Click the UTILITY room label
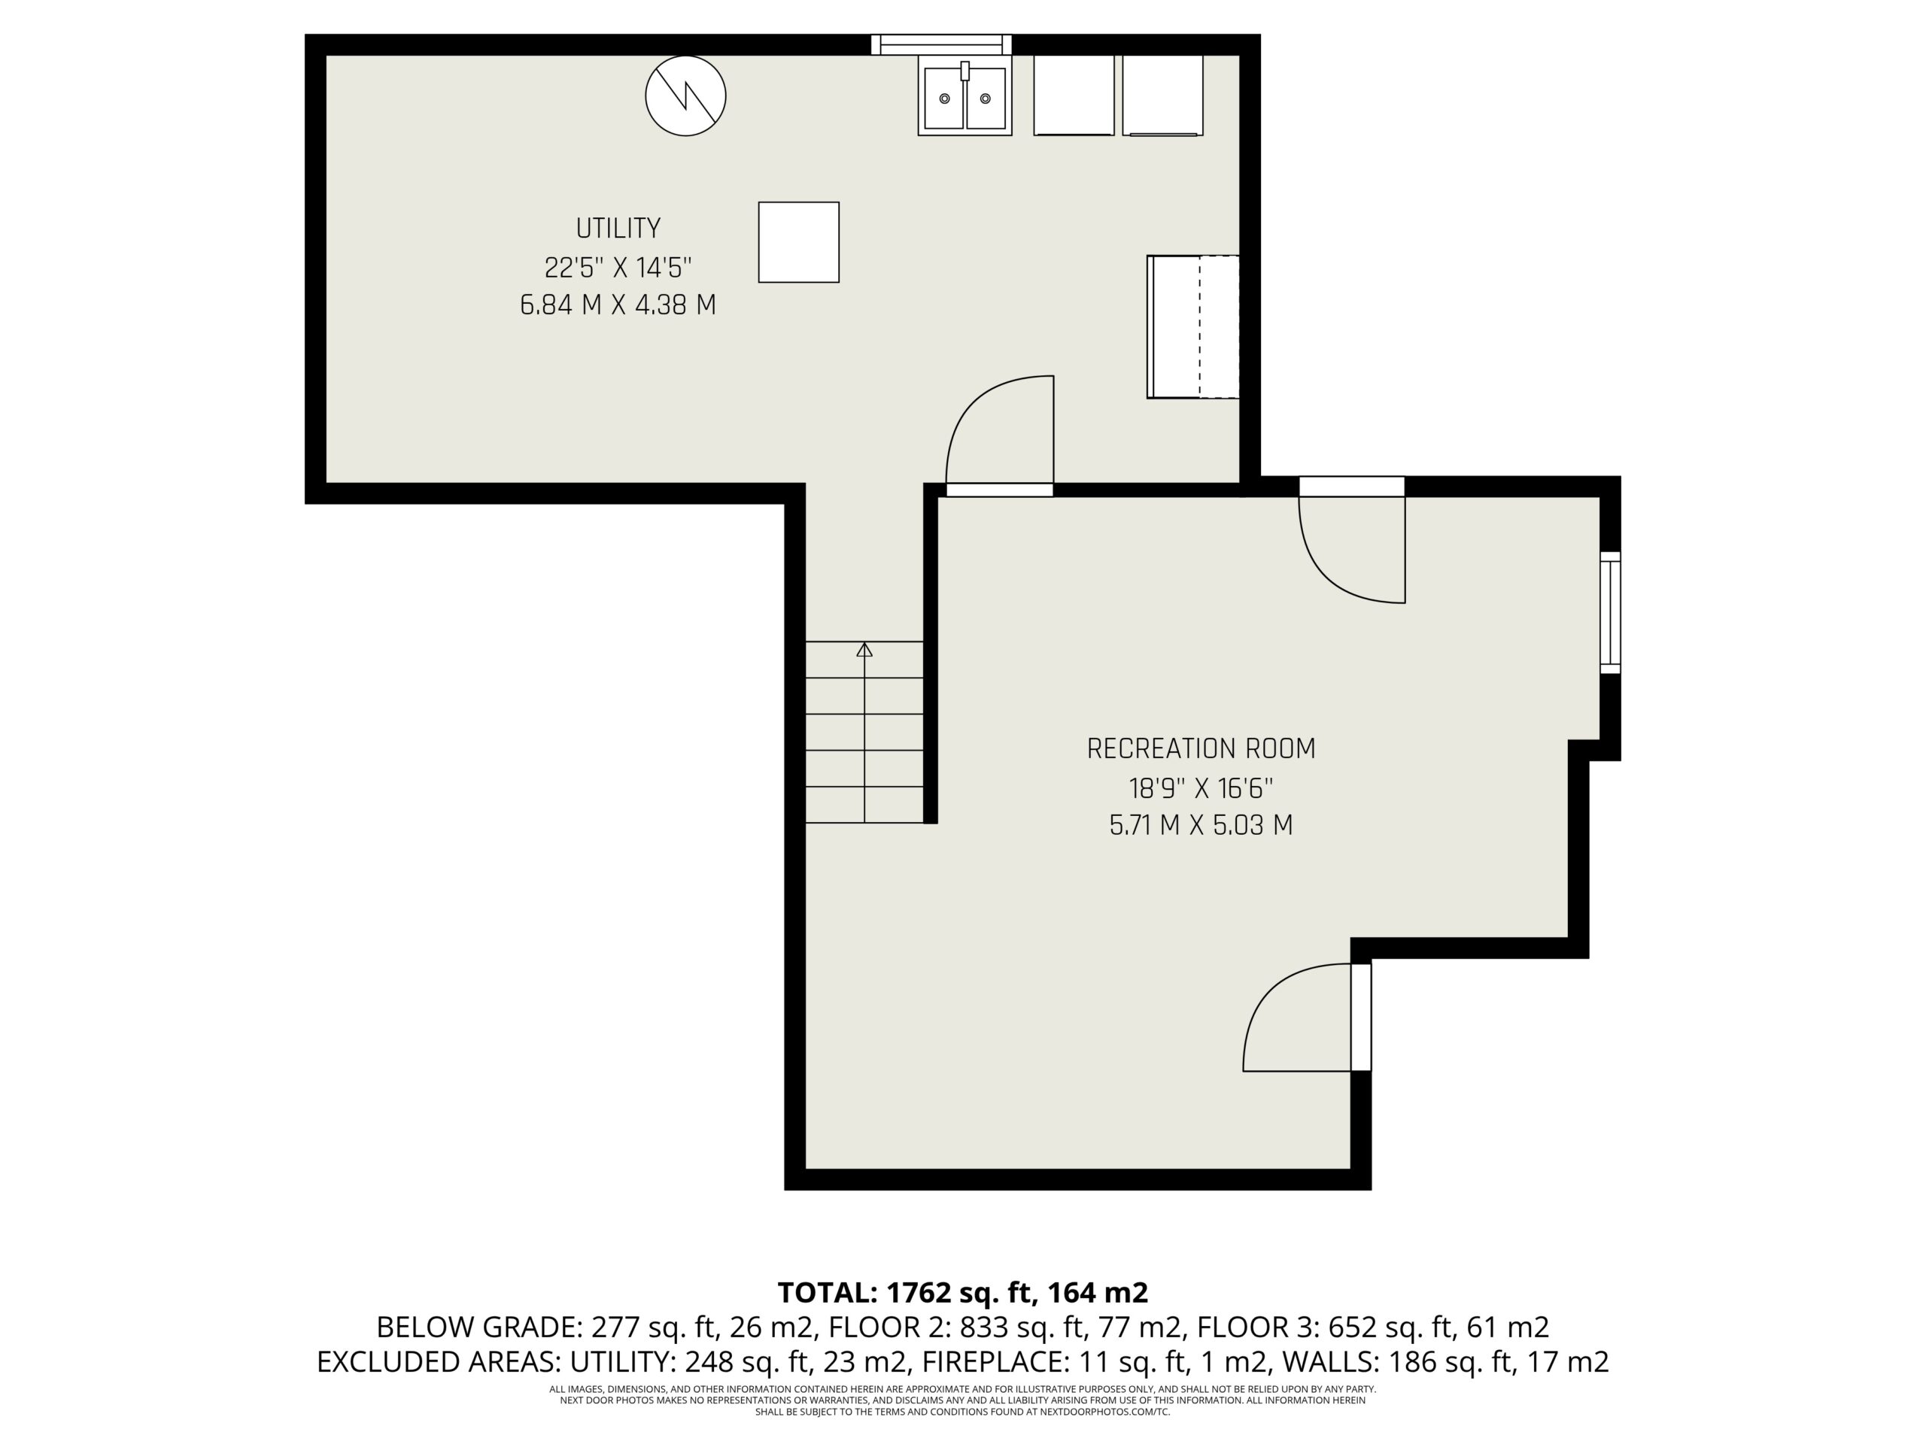tap(618, 228)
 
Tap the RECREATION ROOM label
tap(1201, 748)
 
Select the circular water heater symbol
tap(685, 96)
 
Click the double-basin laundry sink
tap(965, 96)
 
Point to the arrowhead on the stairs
tap(864, 649)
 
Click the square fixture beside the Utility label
tap(798, 242)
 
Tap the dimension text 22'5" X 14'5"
tap(618, 266)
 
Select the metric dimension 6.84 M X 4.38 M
tap(618, 305)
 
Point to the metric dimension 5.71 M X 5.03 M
tap(1201, 825)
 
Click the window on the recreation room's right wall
tap(1611, 612)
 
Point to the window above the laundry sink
tap(941, 44)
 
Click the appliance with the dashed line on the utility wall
tap(1193, 326)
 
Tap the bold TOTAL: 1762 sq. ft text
tap(907, 1294)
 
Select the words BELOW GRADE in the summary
tap(477, 1327)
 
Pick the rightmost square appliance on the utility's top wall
tap(1162, 96)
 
